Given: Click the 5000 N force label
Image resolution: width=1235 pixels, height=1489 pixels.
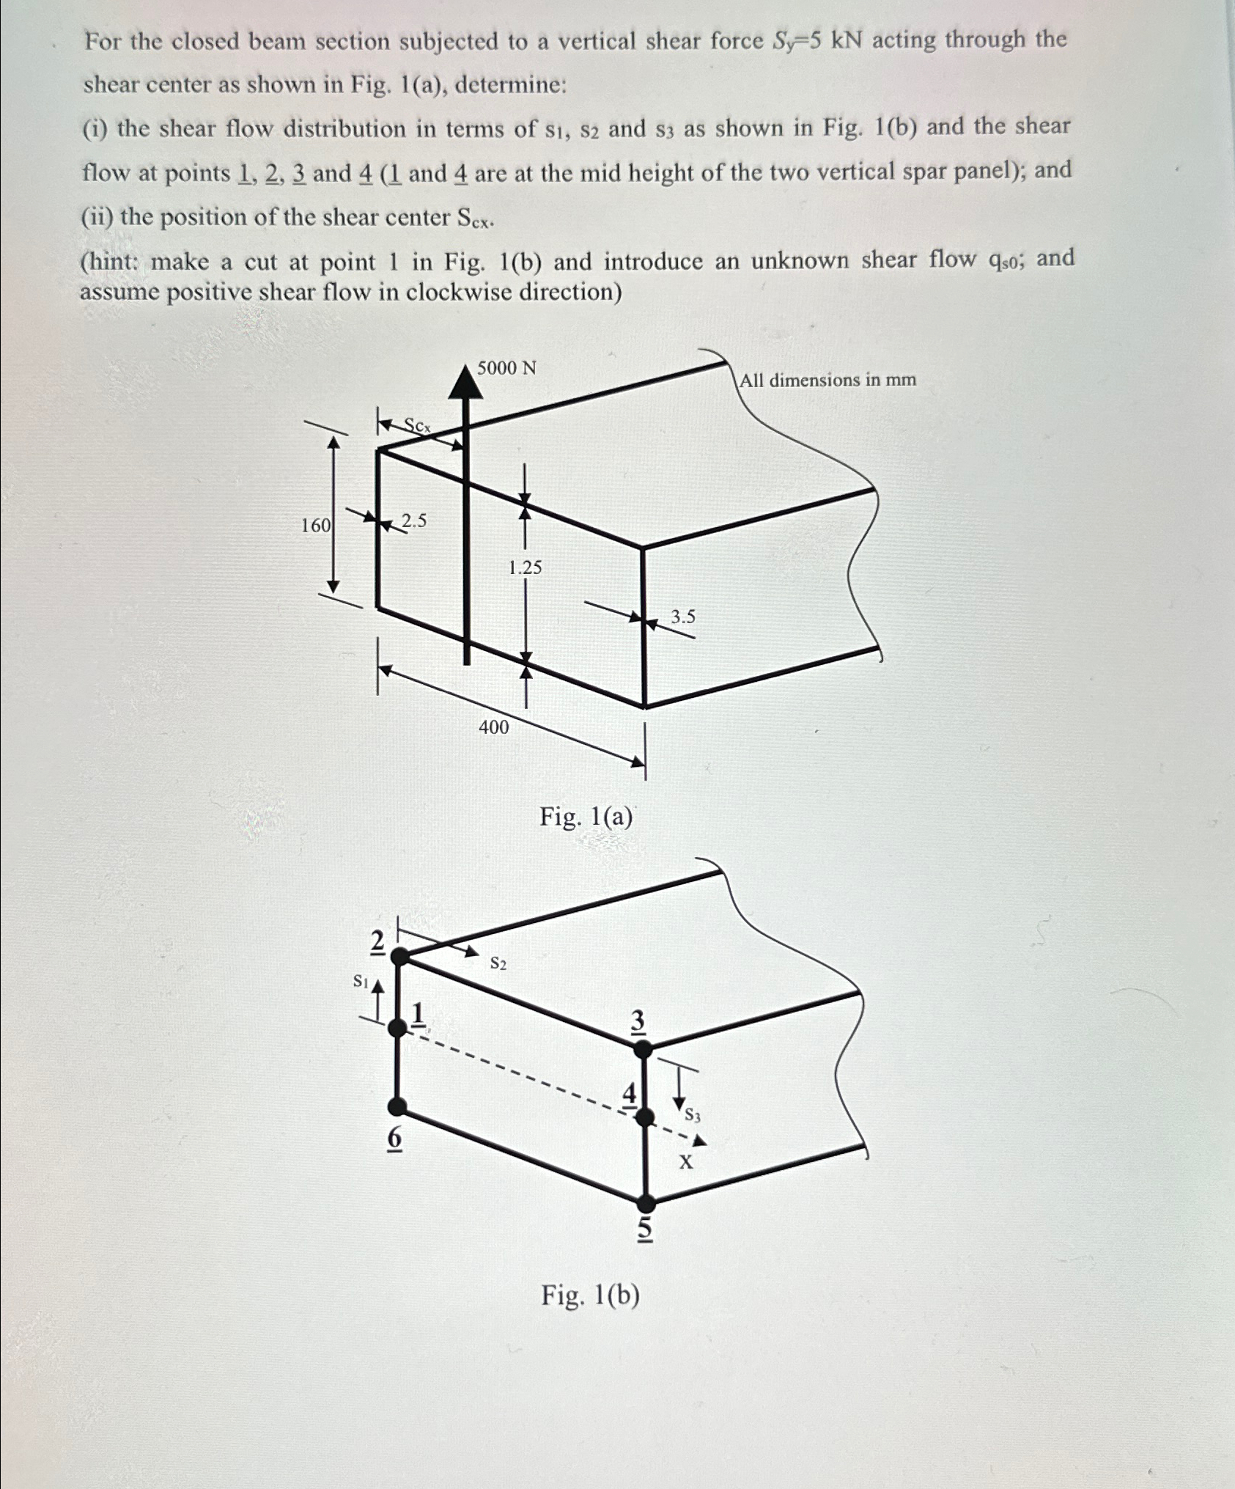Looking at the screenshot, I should click(x=506, y=368).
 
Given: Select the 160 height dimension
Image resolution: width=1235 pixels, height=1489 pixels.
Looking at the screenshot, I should click(x=315, y=525).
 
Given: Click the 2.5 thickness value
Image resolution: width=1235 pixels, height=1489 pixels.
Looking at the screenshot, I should click(x=413, y=521).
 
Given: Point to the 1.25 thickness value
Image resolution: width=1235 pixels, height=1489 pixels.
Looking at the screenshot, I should click(x=525, y=567).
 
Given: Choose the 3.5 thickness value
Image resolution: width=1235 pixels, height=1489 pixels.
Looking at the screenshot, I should click(x=682, y=617).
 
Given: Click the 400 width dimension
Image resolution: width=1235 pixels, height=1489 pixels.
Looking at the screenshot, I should click(x=493, y=727).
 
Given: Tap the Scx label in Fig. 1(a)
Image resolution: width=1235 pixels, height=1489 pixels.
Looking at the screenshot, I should click(x=419, y=425).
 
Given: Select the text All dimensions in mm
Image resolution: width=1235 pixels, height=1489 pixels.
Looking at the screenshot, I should click(x=827, y=380).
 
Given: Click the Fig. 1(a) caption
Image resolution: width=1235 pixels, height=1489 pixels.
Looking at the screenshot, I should click(x=586, y=816).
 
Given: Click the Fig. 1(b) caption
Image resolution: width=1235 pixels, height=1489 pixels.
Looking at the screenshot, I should click(x=590, y=1296).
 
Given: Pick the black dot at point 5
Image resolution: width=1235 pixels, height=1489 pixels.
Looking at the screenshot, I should click(x=646, y=1203).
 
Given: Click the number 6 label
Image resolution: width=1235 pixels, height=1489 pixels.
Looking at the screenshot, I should click(x=394, y=1139).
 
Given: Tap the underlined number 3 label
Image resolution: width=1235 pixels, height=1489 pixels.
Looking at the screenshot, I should click(x=638, y=1021).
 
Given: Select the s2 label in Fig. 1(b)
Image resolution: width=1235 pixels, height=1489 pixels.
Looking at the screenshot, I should click(x=498, y=963).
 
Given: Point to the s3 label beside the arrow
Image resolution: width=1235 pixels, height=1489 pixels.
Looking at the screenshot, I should click(x=693, y=1116).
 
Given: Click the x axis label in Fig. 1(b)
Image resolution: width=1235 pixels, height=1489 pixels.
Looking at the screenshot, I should click(x=685, y=1162).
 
